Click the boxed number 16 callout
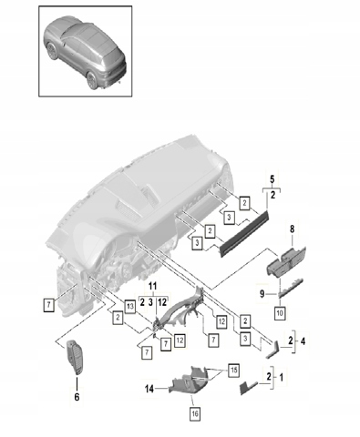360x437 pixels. (x=195, y=413)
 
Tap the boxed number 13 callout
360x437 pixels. (x=130, y=306)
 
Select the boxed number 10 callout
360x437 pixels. (x=280, y=312)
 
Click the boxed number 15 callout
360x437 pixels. (x=233, y=371)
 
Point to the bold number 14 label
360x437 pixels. (x=149, y=389)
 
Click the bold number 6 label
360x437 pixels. (x=77, y=396)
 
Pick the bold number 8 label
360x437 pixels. (x=292, y=229)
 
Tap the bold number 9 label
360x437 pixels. (x=262, y=294)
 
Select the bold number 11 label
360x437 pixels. (x=152, y=286)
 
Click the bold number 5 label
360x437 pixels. (x=273, y=179)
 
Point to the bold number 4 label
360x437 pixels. (x=303, y=341)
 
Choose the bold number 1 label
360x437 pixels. (x=281, y=378)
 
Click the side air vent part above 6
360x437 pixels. (x=75, y=359)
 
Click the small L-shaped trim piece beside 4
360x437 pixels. (x=273, y=350)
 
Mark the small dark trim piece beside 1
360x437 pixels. (x=249, y=388)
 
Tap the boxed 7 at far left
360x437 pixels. (x=48, y=305)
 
